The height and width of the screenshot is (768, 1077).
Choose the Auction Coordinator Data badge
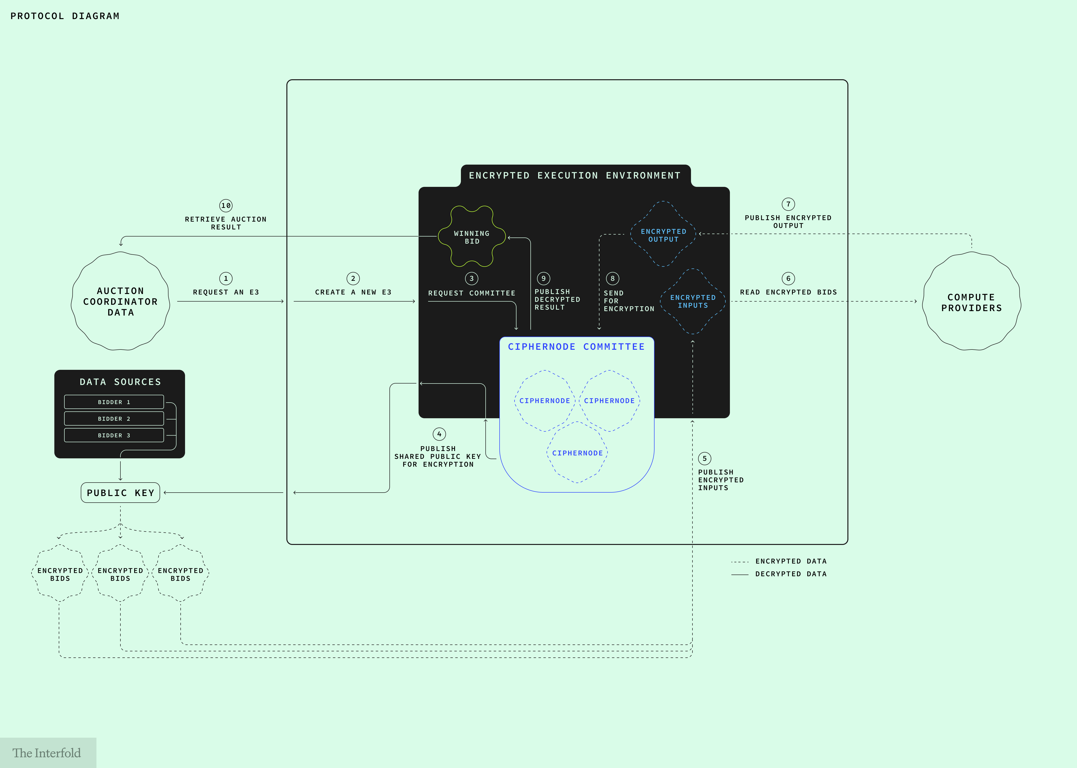pyautogui.click(x=121, y=301)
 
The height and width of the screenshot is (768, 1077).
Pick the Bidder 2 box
pyautogui.click(x=114, y=418)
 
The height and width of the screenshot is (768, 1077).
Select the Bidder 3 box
pyautogui.click(x=114, y=435)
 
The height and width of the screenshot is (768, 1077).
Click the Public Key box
pyautogui.click(x=121, y=493)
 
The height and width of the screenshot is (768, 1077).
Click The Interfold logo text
pyautogui.click(x=46, y=753)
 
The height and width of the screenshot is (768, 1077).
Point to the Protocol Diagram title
pyautogui.click(x=65, y=16)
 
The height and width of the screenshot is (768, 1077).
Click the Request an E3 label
pyautogui.click(x=226, y=292)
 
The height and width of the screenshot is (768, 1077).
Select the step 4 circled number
pyautogui.click(x=439, y=434)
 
